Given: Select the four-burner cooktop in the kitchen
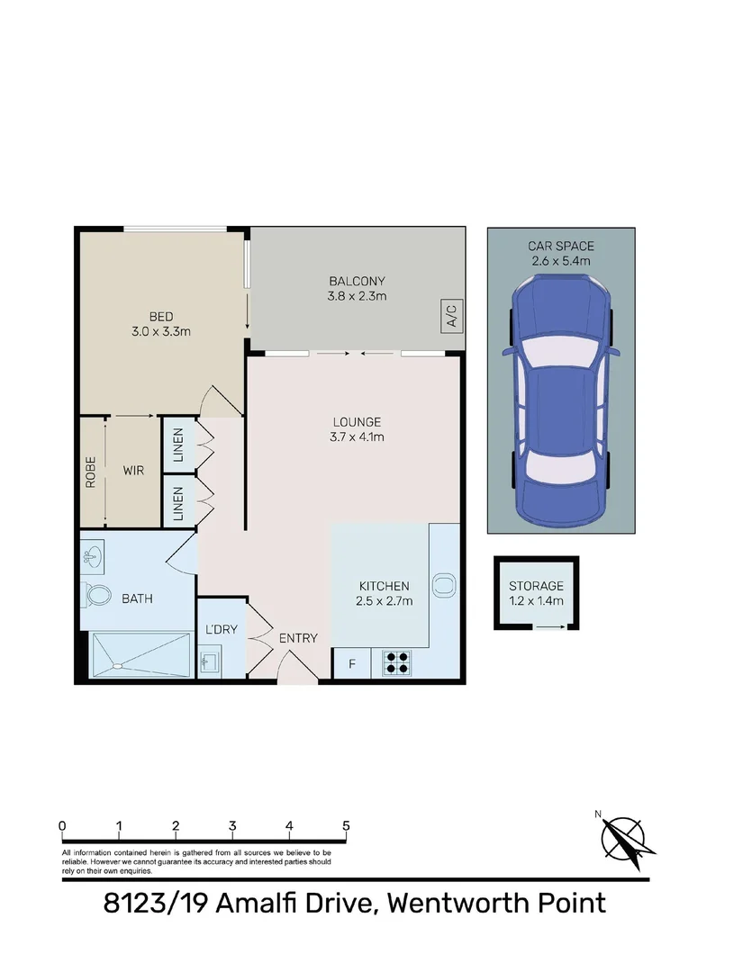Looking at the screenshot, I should [396, 662].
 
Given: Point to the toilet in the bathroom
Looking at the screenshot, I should [97, 595].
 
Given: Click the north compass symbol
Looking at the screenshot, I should [624, 837].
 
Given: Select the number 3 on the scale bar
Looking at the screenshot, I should [232, 825].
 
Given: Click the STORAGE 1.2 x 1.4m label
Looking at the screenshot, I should [536, 593].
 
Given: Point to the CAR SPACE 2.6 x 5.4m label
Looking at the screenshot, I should [561, 253].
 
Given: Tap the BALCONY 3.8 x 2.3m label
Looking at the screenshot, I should [357, 288].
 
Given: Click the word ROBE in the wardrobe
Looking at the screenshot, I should [90, 472].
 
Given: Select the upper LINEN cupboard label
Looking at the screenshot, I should [177, 445].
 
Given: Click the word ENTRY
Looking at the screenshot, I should [297, 638].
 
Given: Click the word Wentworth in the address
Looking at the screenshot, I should [455, 902].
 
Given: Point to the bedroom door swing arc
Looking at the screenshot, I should [223, 399].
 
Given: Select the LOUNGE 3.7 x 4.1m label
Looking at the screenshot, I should [357, 429].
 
